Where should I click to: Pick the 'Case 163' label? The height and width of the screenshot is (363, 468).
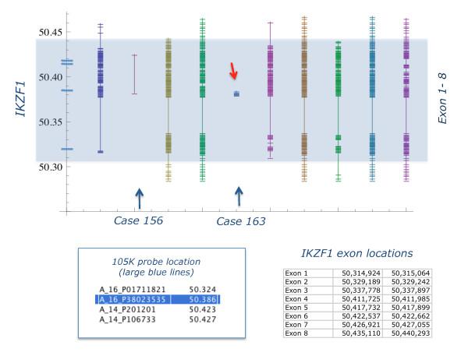pos(240,221)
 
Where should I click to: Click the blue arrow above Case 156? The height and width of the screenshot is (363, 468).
pos(139,198)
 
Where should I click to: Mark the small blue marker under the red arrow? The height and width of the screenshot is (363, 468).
pos(236,94)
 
